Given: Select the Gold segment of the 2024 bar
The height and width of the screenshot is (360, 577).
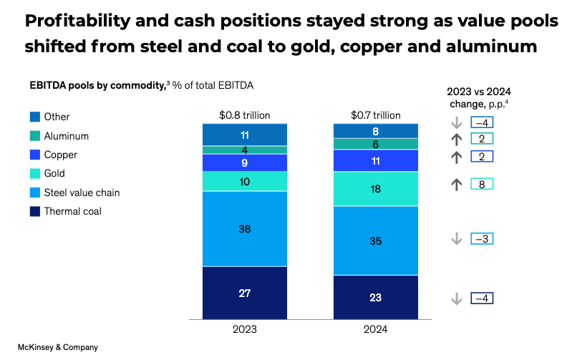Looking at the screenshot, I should pyautogui.click(x=376, y=189).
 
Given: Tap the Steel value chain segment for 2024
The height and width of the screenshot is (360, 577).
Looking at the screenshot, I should pyautogui.click(x=376, y=240).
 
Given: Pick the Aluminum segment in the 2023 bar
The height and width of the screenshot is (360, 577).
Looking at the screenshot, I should pyautogui.click(x=244, y=150).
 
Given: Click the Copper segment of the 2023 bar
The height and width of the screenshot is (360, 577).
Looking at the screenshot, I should pyautogui.click(x=244, y=162).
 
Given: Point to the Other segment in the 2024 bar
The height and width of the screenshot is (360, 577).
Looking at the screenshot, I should pyautogui.click(x=376, y=131).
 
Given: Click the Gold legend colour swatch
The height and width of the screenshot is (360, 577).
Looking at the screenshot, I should pyautogui.click(x=35, y=173).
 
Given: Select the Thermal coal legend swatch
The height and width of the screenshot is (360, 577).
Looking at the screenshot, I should pyautogui.click(x=35, y=211).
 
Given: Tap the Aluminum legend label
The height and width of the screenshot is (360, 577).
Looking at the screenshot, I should pyautogui.click(x=67, y=135).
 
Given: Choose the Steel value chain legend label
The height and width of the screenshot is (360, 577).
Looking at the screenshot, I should pyautogui.click(x=82, y=192).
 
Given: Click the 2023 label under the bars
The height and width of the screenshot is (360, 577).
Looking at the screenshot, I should pyautogui.click(x=244, y=330).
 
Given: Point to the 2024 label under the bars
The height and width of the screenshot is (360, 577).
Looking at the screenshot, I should pyautogui.click(x=376, y=330).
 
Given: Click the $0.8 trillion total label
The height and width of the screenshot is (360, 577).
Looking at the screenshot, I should pyautogui.click(x=244, y=115).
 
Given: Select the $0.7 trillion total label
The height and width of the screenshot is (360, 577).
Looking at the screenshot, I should pyautogui.click(x=376, y=115).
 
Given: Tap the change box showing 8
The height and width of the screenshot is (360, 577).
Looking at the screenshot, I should pyautogui.click(x=482, y=184).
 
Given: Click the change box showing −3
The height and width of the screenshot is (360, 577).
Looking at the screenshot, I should pyautogui.click(x=482, y=239).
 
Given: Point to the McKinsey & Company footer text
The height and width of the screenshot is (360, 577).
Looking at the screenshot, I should pyautogui.click(x=58, y=347).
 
